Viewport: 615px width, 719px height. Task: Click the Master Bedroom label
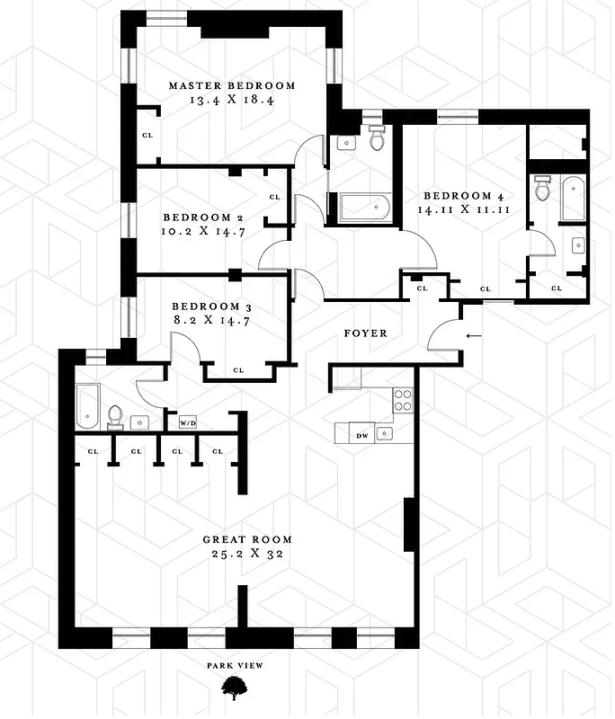point(232,86)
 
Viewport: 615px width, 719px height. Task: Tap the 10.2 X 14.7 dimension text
point(205,232)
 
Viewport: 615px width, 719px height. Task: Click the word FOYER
point(366,333)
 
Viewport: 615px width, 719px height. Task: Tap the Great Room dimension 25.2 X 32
point(247,555)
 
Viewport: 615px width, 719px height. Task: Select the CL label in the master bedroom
point(147,136)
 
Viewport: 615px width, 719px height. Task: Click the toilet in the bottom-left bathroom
point(115,414)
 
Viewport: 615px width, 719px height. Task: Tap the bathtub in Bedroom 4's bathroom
point(573,200)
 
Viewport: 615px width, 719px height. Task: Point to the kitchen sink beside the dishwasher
point(385,434)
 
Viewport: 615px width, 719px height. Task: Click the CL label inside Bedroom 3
point(238,369)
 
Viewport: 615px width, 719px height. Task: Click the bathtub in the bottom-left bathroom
point(86,404)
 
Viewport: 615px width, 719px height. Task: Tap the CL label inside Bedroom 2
point(274,197)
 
